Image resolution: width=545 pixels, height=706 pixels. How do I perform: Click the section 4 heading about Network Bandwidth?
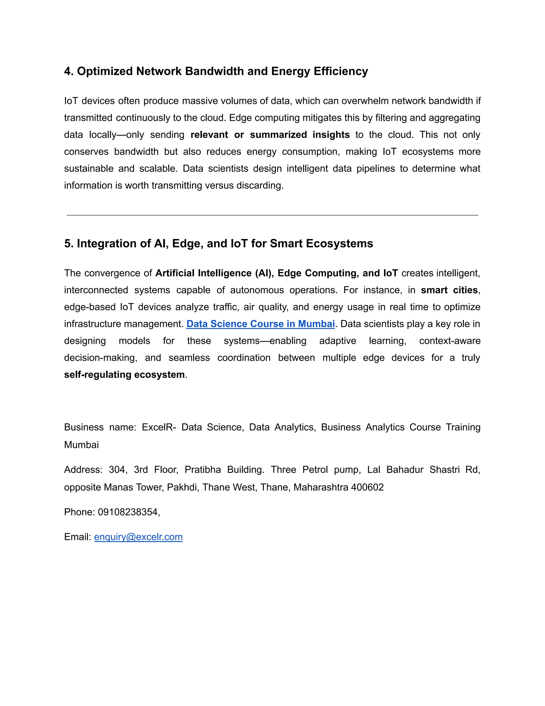(x=216, y=71)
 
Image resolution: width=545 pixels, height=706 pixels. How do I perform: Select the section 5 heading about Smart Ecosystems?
(x=218, y=244)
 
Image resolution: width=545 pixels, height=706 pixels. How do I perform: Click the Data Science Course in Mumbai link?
(x=260, y=324)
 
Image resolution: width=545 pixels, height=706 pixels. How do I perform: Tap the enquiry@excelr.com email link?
(x=138, y=537)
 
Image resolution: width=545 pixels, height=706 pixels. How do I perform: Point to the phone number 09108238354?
(x=128, y=512)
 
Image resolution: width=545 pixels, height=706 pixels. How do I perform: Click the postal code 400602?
(x=367, y=487)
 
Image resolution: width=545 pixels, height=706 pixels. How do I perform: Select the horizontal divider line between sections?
(x=272, y=215)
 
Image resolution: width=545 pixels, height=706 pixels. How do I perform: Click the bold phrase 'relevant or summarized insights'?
(x=270, y=135)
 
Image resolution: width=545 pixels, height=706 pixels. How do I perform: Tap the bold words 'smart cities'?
(x=449, y=290)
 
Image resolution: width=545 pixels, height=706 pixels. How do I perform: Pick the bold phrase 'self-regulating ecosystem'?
(x=124, y=375)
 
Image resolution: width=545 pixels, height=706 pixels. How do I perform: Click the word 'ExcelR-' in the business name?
(x=159, y=427)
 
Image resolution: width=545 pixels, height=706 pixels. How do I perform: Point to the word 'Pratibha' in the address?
(x=203, y=470)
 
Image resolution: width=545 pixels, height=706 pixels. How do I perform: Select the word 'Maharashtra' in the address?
(x=321, y=487)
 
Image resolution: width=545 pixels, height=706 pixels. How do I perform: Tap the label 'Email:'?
(x=78, y=537)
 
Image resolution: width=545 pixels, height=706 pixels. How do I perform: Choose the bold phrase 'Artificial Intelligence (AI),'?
(x=214, y=273)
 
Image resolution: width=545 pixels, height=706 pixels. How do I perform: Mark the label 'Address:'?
(x=83, y=470)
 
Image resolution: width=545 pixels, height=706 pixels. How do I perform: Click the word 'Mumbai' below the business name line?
(x=81, y=445)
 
